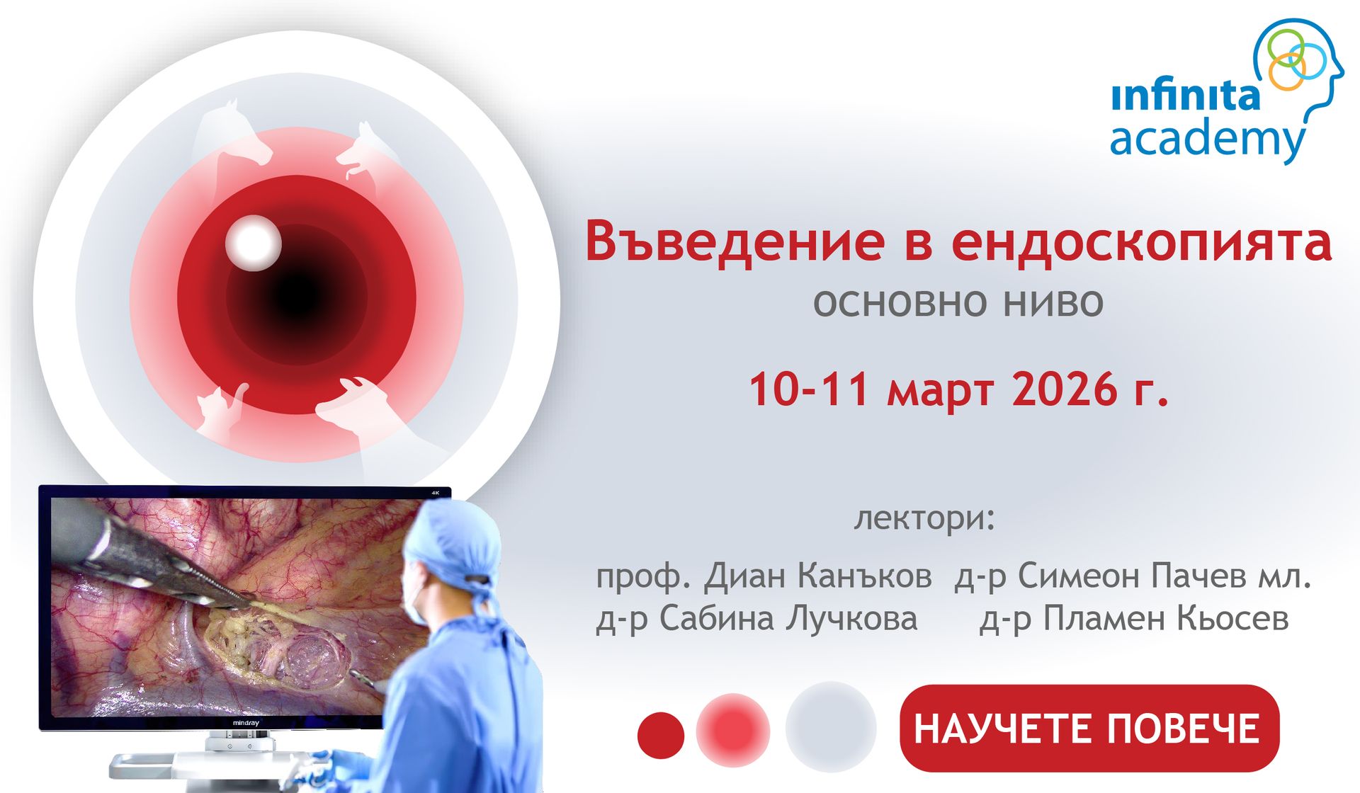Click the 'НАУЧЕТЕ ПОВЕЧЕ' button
tap(1089, 728)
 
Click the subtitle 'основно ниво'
tap(958, 303)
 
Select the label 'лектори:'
tap(924, 518)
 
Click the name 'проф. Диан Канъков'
tap(764, 576)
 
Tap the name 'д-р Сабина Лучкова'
tap(756, 619)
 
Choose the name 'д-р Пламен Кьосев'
tap(1134, 619)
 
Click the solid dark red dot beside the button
tap(661, 735)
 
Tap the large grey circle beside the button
tap(831, 726)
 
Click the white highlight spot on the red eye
tap(253, 243)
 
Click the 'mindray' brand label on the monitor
tap(246, 723)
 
